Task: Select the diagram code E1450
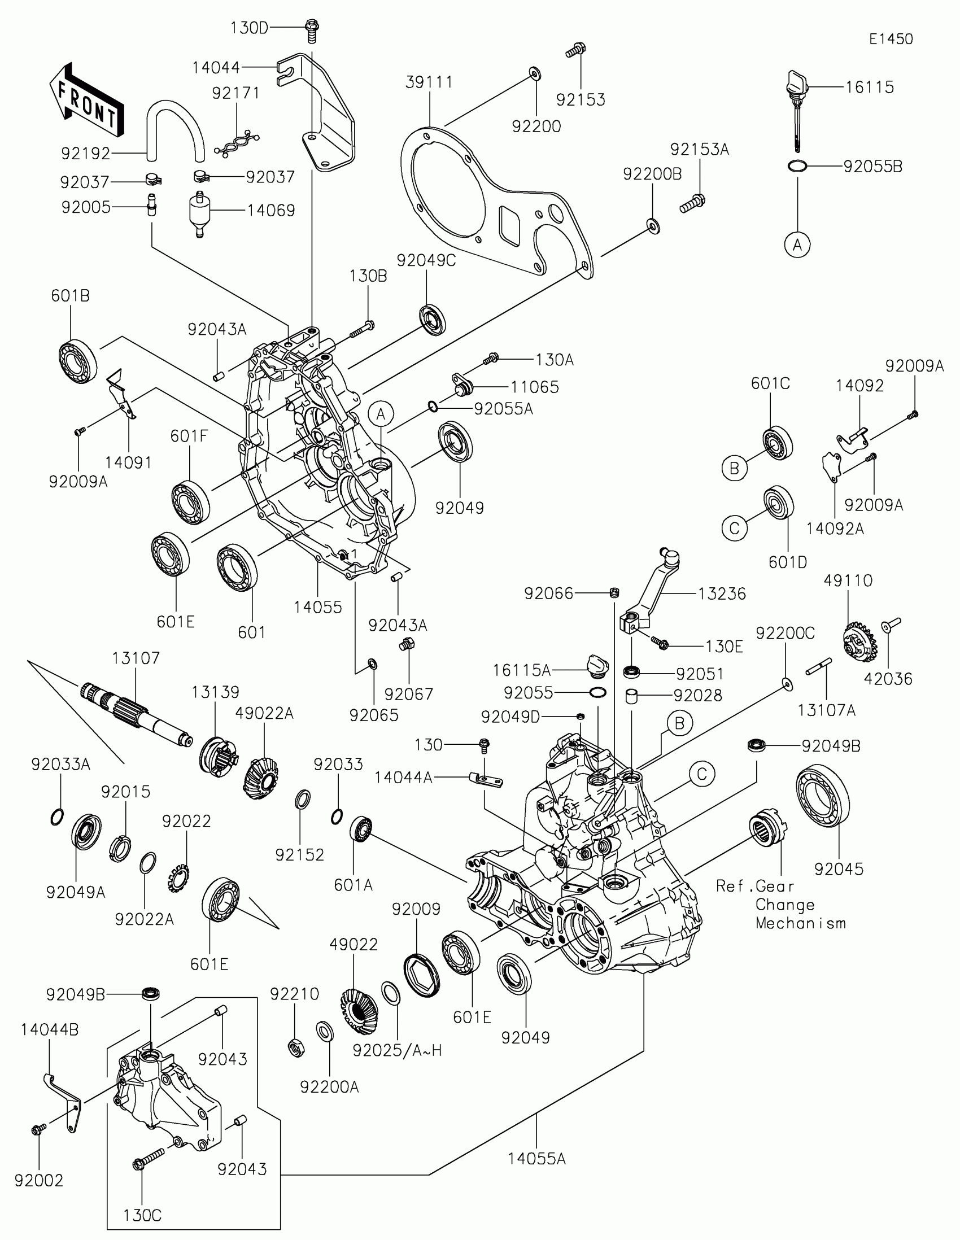pyautogui.click(x=891, y=39)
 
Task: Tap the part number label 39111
pyautogui.click(x=429, y=82)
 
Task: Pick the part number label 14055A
pyautogui.click(x=536, y=1158)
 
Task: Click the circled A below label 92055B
pyautogui.click(x=797, y=244)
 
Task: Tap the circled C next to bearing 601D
pyautogui.click(x=735, y=528)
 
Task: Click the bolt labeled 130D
pyautogui.click(x=312, y=30)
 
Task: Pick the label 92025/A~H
pyautogui.click(x=397, y=1050)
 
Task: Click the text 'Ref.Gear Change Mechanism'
pyautogui.click(x=781, y=905)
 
